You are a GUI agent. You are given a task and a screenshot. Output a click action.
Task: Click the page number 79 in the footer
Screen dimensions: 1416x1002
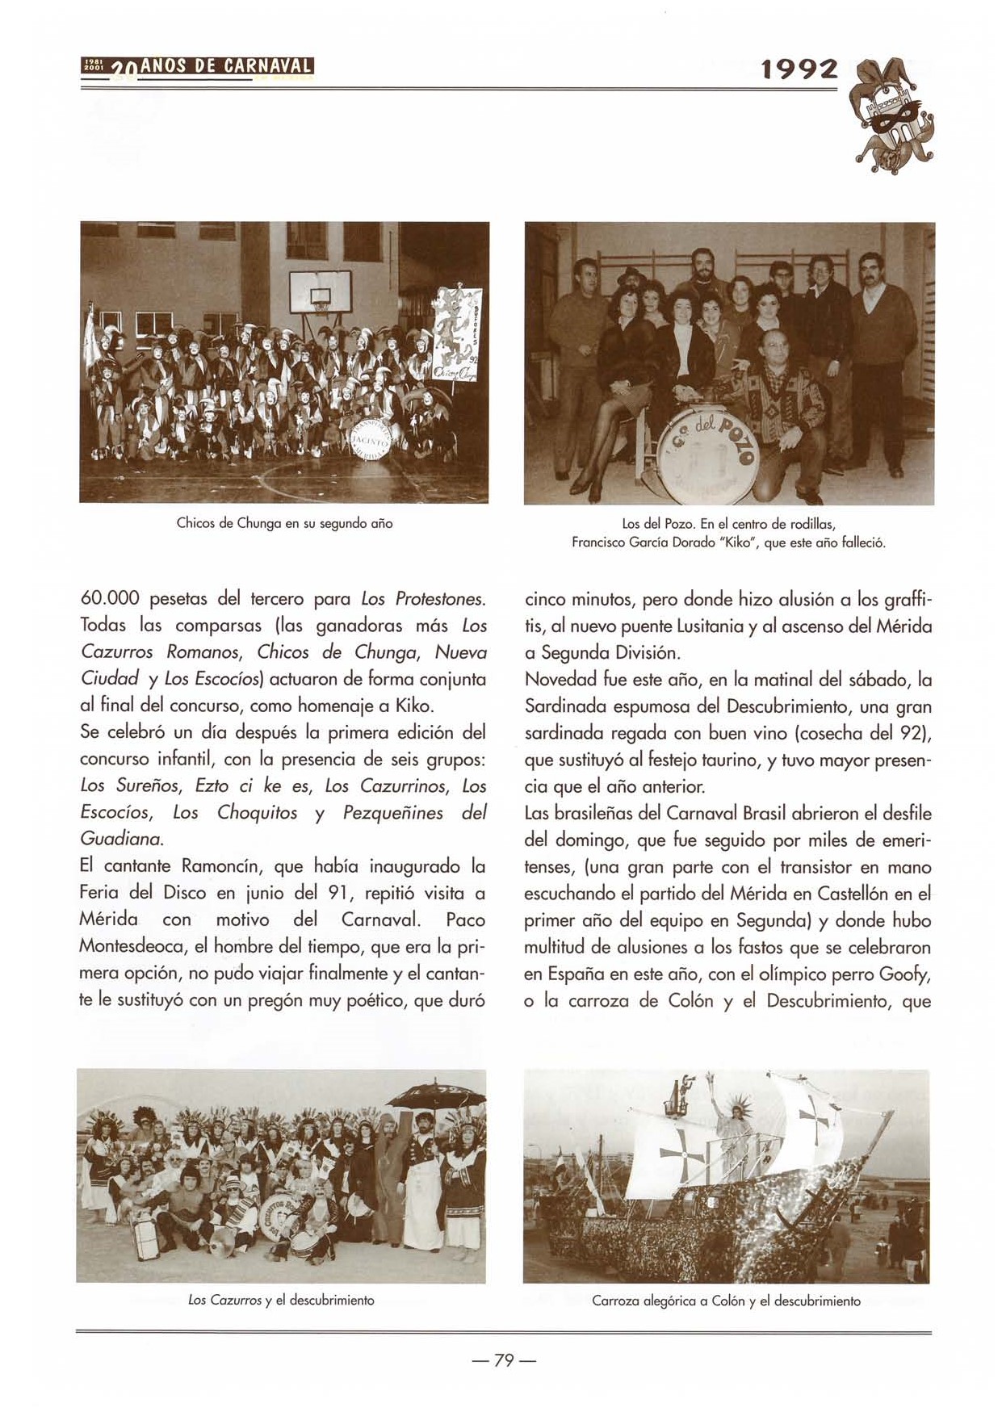(x=504, y=1360)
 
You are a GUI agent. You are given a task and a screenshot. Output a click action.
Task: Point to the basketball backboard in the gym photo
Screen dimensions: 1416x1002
(x=321, y=289)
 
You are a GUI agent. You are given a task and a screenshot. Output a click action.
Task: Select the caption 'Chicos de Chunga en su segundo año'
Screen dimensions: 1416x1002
(x=284, y=523)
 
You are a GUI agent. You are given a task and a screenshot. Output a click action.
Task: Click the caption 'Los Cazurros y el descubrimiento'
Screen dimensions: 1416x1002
(x=282, y=1301)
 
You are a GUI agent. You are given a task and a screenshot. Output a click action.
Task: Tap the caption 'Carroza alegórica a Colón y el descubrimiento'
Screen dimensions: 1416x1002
(x=726, y=1301)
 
